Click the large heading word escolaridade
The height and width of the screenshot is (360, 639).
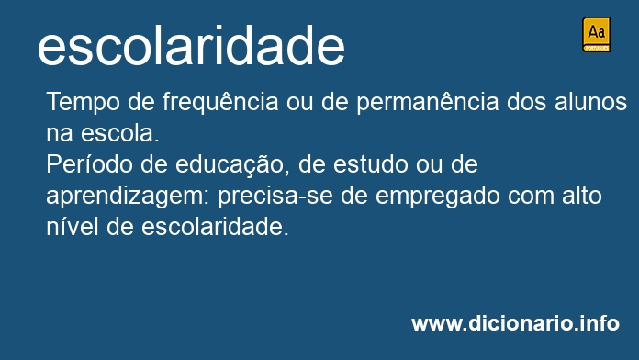(x=191, y=47)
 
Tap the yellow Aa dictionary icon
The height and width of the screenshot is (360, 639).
(x=596, y=34)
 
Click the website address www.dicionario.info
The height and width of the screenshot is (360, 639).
(x=515, y=323)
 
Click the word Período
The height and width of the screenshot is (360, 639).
(x=83, y=164)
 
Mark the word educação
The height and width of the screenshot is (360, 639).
(x=230, y=164)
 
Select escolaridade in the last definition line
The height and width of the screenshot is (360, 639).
(x=216, y=227)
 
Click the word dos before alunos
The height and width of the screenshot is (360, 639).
(x=527, y=101)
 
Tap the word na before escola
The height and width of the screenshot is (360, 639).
(x=58, y=133)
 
